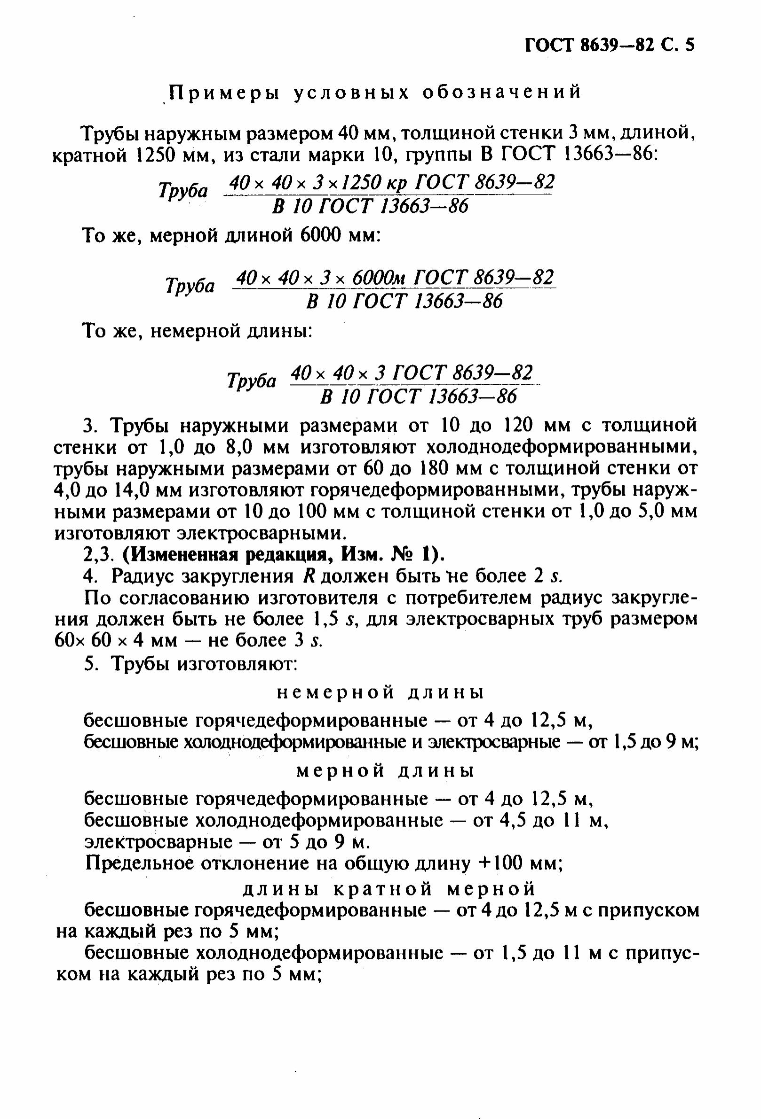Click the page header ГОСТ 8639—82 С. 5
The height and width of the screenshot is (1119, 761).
[609, 45]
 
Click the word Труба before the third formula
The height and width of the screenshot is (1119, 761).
[252, 381]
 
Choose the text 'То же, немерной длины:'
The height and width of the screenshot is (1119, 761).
[198, 331]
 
